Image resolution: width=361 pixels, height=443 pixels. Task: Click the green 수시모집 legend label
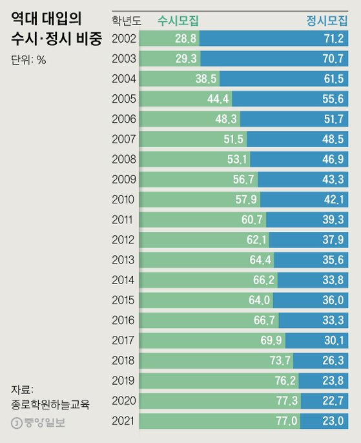[178, 21]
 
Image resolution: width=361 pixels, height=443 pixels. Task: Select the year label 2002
[124, 39]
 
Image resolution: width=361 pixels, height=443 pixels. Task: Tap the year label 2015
[124, 300]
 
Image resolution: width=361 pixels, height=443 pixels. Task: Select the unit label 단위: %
[28, 61]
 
